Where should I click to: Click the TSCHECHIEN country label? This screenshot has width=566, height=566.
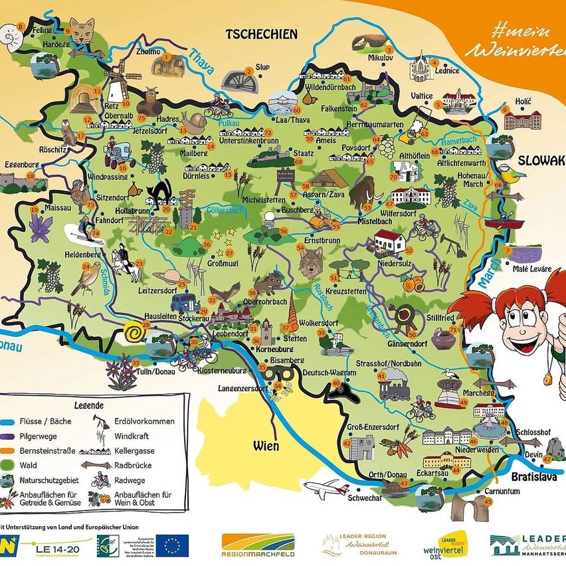tap(262, 34)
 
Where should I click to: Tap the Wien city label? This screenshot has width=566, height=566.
tap(265, 445)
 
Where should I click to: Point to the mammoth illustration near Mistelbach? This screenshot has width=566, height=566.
tap(363, 193)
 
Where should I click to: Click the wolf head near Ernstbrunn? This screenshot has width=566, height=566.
tap(310, 262)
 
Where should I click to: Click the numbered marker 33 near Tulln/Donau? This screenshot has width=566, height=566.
tap(136, 363)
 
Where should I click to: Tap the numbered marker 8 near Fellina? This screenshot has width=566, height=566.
tap(21, 27)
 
